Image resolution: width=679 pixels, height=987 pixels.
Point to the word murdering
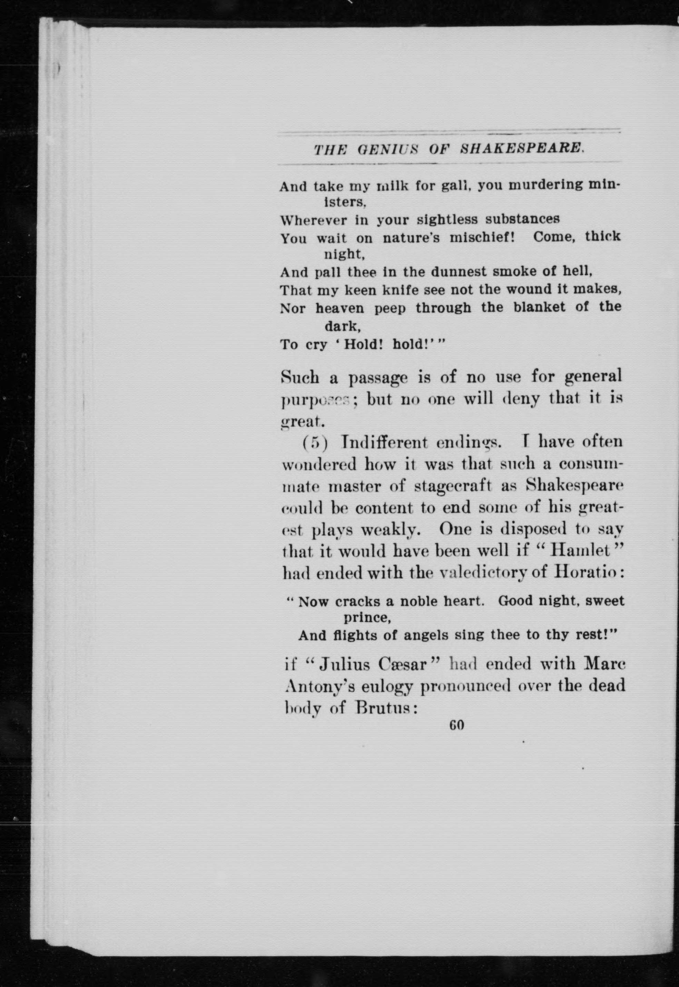(x=546, y=186)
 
